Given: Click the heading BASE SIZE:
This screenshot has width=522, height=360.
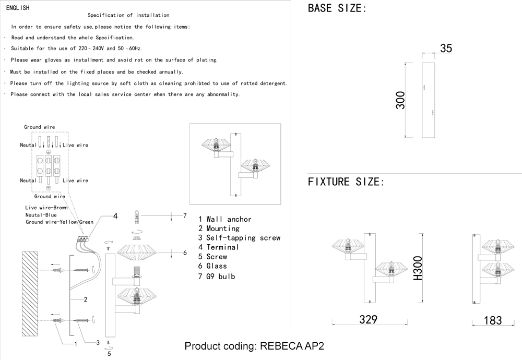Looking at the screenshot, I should pyautogui.click(x=337, y=8).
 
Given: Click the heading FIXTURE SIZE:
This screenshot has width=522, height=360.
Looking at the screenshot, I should pyautogui.click(x=346, y=182).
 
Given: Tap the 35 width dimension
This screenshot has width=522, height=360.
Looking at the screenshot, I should pyautogui.click(x=446, y=49).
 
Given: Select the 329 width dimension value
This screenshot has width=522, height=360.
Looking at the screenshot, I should pyautogui.click(x=368, y=319).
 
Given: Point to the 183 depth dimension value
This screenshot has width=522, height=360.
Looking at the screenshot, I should pyautogui.click(x=492, y=320).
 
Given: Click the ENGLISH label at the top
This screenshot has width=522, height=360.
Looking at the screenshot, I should pyautogui.click(x=18, y=8).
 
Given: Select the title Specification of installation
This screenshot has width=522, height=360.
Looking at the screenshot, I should pyautogui.click(x=128, y=16).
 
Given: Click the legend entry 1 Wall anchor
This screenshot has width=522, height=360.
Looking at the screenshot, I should pyautogui.click(x=225, y=220).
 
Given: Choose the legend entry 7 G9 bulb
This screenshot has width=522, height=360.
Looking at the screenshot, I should pyautogui.click(x=217, y=277).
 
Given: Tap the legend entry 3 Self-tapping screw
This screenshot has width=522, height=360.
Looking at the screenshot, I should pyautogui.click(x=239, y=238).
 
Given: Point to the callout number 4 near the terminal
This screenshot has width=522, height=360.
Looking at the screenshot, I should pyautogui.click(x=115, y=215).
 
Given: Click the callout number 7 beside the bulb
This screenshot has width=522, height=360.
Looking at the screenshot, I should pyautogui.click(x=185, y=215).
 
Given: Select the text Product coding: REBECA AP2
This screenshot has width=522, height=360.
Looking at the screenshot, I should pyautogui.click(x=254, y=347).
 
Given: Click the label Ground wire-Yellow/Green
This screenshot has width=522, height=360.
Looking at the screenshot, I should pyautogui.click(x=60, y=222).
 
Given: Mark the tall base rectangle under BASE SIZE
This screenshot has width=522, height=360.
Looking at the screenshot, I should pyautogui.click(x=429, y=100).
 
